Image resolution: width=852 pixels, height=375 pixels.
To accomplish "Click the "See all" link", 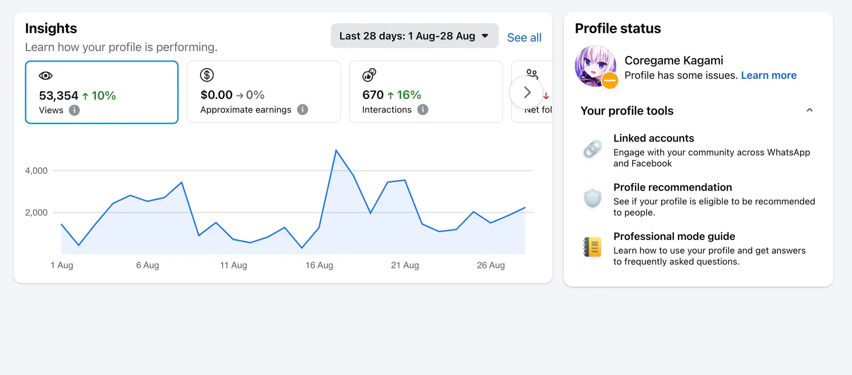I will click(x=524, y=38).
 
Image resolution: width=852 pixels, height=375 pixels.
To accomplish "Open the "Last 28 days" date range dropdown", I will click(x=414, y=36).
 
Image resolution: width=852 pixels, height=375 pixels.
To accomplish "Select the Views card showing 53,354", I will click(x=102, y=92).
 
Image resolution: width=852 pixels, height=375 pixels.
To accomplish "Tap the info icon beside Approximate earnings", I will click(x=303, y=110).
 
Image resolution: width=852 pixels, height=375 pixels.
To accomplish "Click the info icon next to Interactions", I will click(x=423, y=110).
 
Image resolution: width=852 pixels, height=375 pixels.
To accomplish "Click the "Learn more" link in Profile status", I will click(x=769, y=76).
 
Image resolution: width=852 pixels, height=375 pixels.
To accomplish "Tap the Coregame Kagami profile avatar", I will click(x=595, y=66).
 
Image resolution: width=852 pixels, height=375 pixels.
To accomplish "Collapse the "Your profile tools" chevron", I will click(x=809, y=110).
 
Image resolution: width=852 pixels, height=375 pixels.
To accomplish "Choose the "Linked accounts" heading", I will click(x=653, y=138).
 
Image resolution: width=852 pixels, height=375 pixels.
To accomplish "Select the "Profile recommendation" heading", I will click(x=672, y=187).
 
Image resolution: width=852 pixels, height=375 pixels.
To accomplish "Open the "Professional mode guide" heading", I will click(x=674, y=236).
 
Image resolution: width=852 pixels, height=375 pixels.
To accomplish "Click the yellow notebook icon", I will click(x=592, y=247).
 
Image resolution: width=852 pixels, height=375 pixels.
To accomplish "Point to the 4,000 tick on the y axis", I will click(x=36, y=171).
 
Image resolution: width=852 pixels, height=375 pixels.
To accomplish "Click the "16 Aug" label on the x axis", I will click(x=319, y=265).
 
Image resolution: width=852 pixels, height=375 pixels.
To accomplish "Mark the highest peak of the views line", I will click(x=336, y=151).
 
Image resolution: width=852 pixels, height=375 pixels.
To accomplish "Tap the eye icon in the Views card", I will click(x=46, y=76).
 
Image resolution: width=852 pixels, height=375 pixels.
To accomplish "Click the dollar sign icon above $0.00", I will click(x=207, y=75).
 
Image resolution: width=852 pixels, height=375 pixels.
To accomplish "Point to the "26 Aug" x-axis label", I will click(x=491, y=265).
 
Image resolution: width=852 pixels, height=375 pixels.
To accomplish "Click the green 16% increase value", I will click(x=409, y=95).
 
